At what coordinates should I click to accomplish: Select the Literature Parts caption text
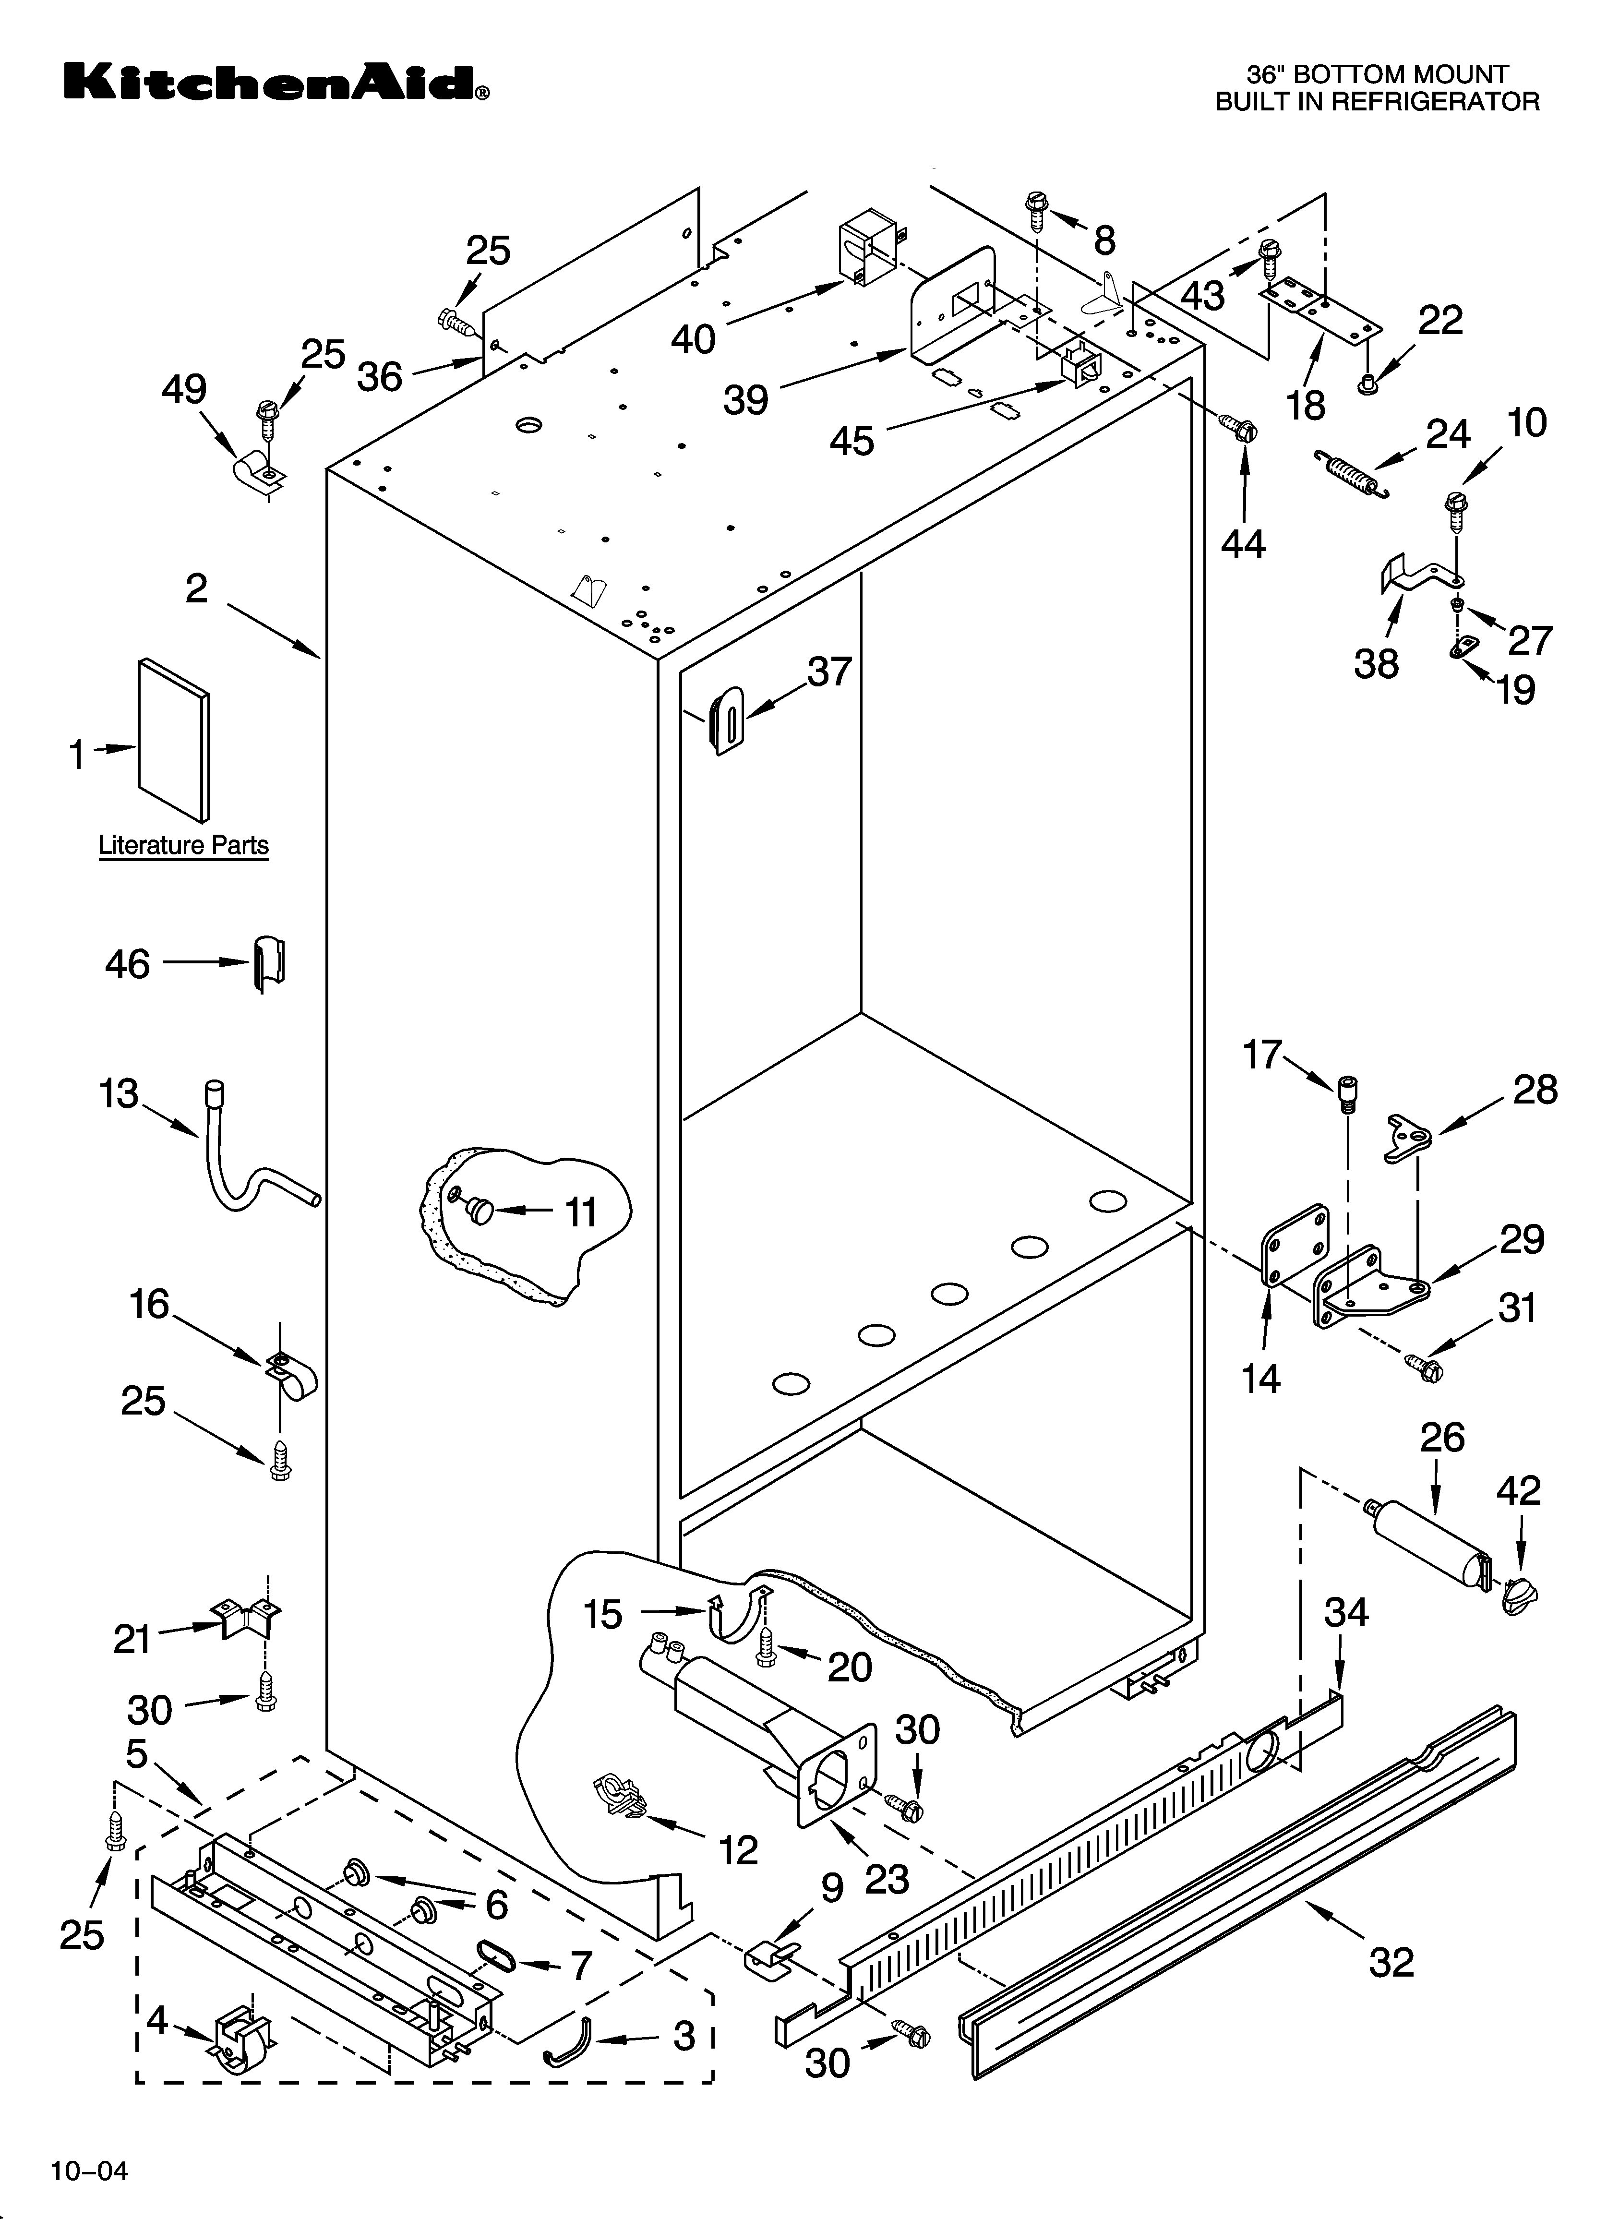click(x=183, y=845)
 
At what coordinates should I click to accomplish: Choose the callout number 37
click(x=829, y=672)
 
